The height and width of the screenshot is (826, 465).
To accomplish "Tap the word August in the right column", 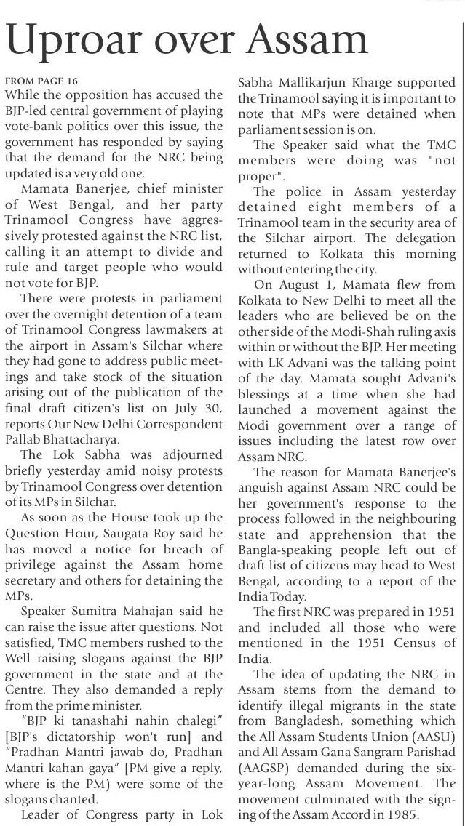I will (x=298, y=281).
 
